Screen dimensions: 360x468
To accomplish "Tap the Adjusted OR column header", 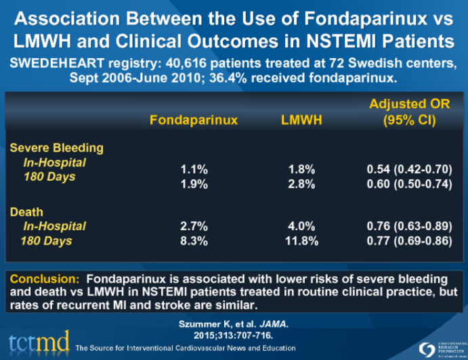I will coord(408,112).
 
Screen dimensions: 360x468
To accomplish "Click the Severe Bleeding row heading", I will coord(56,148).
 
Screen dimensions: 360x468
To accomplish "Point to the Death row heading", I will coord(26,212).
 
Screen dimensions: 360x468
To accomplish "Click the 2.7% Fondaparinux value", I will coord(194,227).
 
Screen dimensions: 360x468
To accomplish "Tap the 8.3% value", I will coord(194,240).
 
